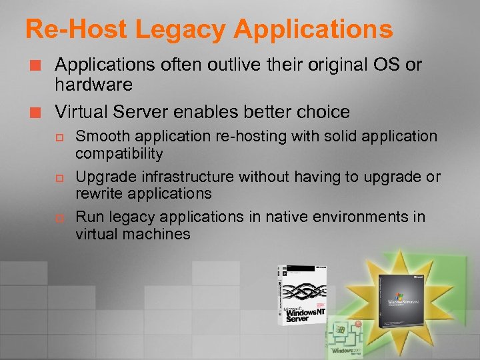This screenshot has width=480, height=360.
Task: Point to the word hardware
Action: pyautogui.click(x=93, y=85)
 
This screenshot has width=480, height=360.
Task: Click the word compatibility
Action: pyautogui.click(x=119, y=153)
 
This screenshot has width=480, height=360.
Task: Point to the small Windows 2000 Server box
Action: pyautogui.click(x=345, y=337)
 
